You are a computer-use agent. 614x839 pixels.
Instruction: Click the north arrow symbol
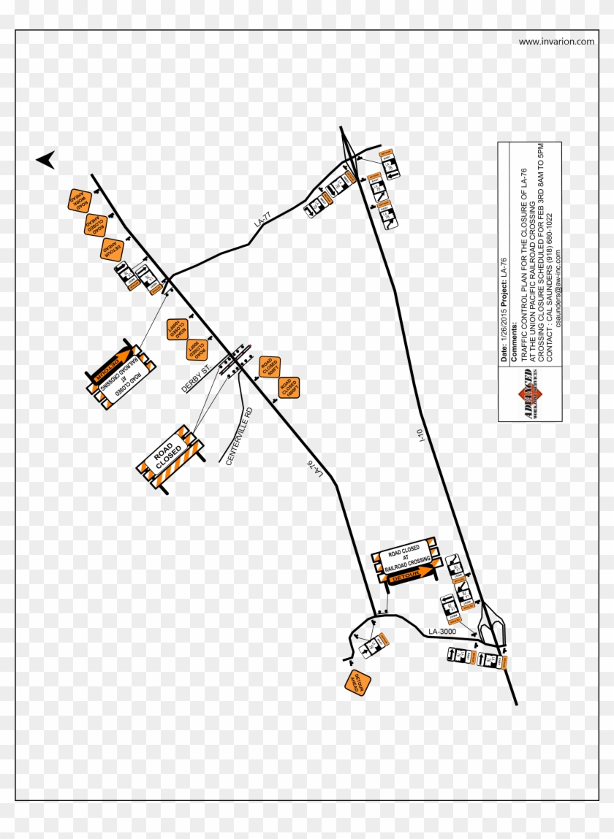pyautogui.click(x=46, y=160)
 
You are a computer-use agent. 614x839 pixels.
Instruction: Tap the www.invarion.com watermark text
pyautogui.click(x=556, y=42)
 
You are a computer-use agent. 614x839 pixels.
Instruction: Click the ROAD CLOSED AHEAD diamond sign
pyautogui.click(x=95, y=224)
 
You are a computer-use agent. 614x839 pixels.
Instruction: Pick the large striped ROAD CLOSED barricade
pyautogui.click(x=170, y=456)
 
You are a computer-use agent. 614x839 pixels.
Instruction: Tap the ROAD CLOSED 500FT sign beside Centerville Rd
pyautogui.click(x=269, y=367)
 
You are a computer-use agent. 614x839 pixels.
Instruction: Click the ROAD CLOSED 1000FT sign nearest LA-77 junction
pyautogui.click(x=176, y=329)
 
